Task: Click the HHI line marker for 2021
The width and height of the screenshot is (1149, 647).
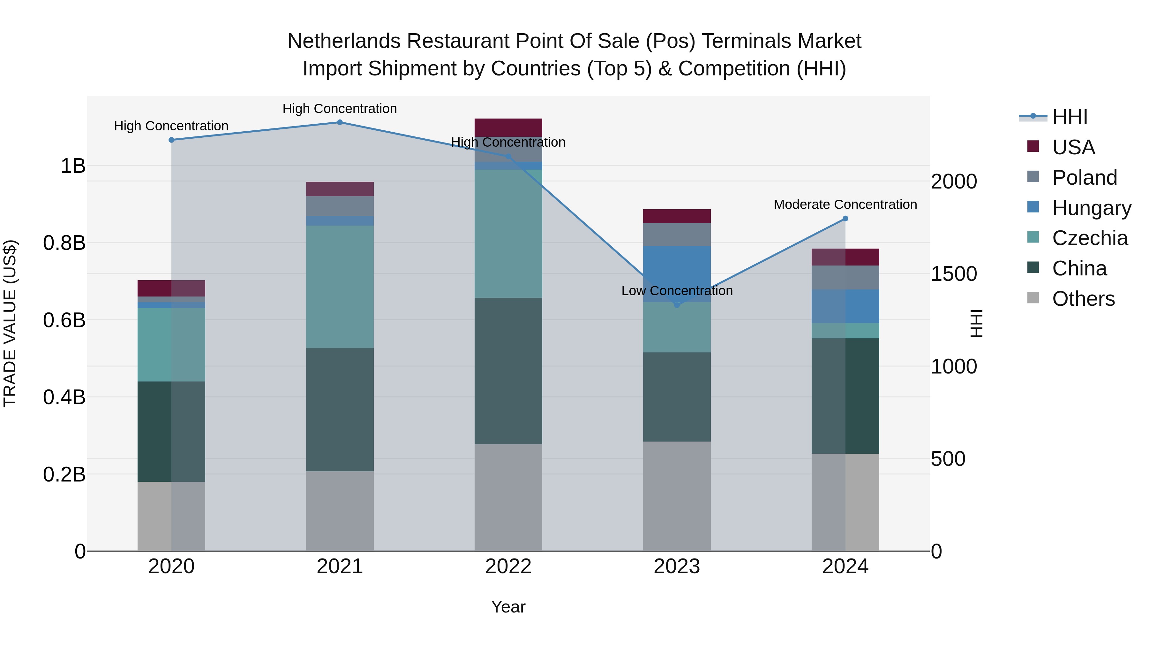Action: coord(340,122)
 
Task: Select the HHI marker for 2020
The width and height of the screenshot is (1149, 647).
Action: coord(171,140)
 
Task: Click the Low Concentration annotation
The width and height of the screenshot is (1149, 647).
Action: coord(677,291)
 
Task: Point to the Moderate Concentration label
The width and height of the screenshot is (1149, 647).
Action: coord(845,204)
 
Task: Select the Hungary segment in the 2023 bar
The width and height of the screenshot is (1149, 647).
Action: coord(677,274)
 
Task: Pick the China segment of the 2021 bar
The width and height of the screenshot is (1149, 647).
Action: coord(340,410)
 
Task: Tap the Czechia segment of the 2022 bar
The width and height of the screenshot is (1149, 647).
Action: coord(508,234)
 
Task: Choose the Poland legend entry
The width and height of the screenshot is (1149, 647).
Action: coord(1084,177)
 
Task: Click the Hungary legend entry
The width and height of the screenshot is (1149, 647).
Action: coord(1091,208)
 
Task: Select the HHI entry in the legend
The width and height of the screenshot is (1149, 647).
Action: coord(1069,117)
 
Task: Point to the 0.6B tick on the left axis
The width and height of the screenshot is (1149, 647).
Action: coord(64,320)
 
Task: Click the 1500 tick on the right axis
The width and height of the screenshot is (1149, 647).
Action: coord(954,274)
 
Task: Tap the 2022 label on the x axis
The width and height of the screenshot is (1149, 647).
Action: coord(508,566)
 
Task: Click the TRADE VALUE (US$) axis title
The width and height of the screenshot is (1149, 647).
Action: coord(10,323)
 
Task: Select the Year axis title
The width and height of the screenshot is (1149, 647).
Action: coord(508,607)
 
